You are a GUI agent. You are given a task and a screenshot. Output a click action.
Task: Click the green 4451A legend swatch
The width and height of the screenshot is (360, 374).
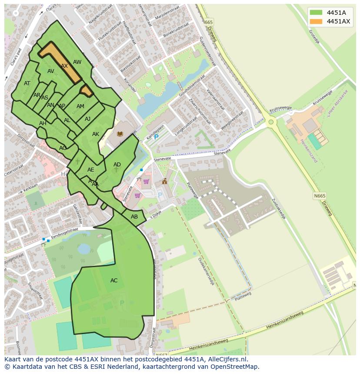tap(316, 13)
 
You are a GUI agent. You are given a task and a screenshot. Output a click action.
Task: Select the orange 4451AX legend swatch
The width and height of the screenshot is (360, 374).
tap(316, 22)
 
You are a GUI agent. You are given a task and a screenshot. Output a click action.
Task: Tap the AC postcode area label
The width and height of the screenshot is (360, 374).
tap(114, 281)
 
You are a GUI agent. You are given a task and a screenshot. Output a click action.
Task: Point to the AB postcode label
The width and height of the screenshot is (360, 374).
tap(134, 217)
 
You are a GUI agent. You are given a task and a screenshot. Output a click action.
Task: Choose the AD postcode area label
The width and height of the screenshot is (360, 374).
tap(117, 165)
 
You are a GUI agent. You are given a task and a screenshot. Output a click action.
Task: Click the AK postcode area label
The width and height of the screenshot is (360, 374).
tap(96, 134)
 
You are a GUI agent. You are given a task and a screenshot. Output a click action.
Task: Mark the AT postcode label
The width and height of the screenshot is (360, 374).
tap(27, 83)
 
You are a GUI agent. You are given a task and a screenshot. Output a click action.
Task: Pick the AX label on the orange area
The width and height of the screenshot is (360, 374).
tap(64, 66)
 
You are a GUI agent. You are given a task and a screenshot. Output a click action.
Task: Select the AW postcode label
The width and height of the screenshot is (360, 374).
tap(77, 62)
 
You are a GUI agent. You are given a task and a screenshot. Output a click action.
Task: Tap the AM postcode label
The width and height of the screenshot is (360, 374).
tap(80, 106)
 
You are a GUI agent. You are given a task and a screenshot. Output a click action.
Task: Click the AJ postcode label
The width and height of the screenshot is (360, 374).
tap(87, 119)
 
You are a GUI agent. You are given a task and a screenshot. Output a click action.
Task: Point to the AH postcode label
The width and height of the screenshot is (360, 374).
tap(43, 123)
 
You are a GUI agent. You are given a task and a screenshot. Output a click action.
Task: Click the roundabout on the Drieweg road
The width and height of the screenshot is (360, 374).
tap(271, 122)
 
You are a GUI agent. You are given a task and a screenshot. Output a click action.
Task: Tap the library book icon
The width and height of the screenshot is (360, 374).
tap(120, 134)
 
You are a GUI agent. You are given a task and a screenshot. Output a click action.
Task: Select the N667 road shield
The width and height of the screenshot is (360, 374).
tap(162, 355)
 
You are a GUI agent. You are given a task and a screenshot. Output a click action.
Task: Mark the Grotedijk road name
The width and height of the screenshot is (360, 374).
tap(314, 39)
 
